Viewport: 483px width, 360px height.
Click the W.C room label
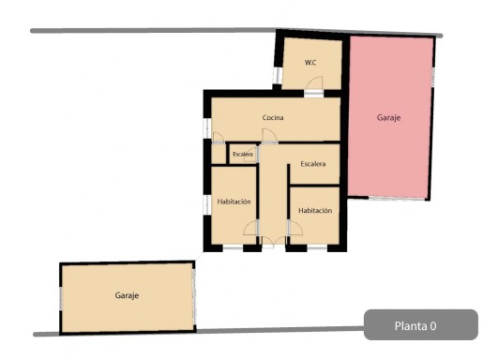point(310,63)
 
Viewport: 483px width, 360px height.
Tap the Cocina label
point(273,118)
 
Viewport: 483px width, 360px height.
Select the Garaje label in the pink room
point(388,118)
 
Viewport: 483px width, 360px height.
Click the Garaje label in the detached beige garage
point(127,295)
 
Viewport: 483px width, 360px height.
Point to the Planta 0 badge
point(421,325)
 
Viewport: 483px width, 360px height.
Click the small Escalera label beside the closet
point(243,155)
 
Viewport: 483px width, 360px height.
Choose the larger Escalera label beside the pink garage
point(313,164)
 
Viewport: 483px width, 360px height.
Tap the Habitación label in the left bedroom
point(234,202)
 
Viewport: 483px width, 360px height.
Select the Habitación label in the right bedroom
point(315,211)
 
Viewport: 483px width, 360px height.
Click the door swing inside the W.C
point(314,82)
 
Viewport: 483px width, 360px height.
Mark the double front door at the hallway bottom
point(274,242)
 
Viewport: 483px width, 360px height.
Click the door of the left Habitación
point(250,228)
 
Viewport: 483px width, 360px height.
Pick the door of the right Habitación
point(295,228)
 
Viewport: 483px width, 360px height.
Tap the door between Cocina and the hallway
point(269,136)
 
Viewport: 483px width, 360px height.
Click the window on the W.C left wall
point(277,76)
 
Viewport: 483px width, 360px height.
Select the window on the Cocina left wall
point(207,128)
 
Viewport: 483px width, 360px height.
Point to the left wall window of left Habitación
point(207,205)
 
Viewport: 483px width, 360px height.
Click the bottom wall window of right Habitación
point(317,248)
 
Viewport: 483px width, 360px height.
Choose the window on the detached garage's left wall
point(61,299)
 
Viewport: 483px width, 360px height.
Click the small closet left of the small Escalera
point(219,154)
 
